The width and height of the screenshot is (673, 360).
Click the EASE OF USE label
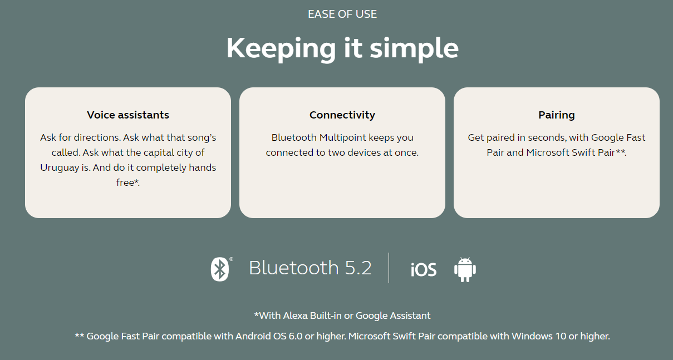(x=342, y=14)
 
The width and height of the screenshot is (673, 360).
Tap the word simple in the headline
(x=414, y=49)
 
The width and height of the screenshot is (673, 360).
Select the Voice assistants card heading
(x=128, y=115)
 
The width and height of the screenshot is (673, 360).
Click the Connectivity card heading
(x=342, y=115)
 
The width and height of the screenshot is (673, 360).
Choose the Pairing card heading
(x=557, y=115)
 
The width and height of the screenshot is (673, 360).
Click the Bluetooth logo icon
(x=220, y=269)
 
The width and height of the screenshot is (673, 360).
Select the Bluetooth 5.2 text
(x=311, y=268)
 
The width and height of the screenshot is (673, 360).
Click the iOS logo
(x=424, y=269)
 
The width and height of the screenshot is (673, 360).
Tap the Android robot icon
(x=465, y=269)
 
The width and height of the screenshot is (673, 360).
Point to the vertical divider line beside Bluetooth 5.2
(x=389, y=268)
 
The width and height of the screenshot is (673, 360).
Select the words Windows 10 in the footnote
(x=539, y=336)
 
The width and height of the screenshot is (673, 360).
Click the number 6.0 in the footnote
(x=296, y=336)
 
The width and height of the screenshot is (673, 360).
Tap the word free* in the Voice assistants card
(x=128, y=183)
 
